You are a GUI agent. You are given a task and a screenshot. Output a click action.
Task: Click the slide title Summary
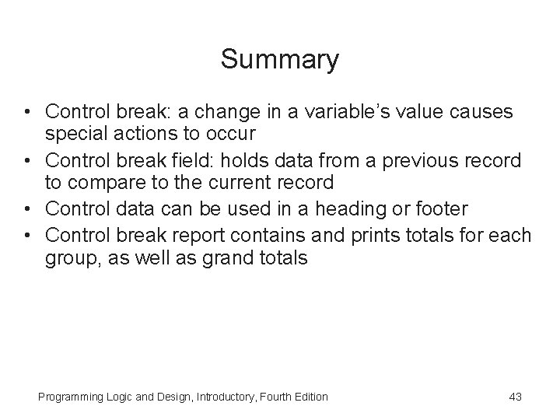(x=279, y=60)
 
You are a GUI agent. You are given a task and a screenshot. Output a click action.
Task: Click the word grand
(x=225, y=258)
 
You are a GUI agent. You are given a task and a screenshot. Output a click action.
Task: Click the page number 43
(x=514, y=397)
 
